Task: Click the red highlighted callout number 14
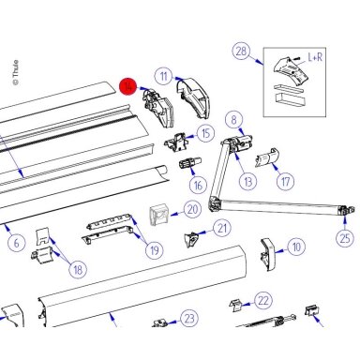127,86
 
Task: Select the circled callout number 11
164,77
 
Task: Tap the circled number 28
241,51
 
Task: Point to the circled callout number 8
234,119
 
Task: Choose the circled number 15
205,133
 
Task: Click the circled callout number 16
198,186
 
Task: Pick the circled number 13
248,181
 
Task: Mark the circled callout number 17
286,181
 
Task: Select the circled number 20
193,209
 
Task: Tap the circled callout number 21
222,229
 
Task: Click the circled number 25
345,238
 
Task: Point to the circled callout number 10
296,247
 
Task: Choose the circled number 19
155,250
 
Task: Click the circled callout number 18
78,269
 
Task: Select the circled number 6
16,243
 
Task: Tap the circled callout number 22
263,300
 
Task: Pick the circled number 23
189,319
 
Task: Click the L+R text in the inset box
315,57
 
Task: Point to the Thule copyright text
15,72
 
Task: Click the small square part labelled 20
159,215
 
